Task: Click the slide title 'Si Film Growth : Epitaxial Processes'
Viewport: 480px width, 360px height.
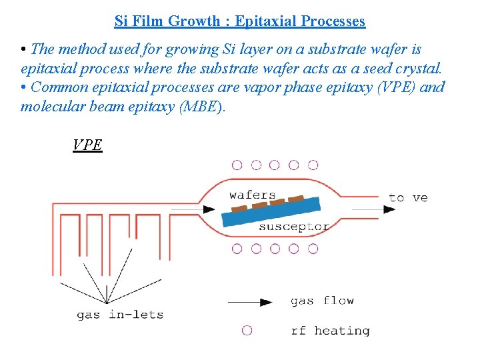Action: pos(240,21)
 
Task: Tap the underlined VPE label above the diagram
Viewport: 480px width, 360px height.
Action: pos(87,145)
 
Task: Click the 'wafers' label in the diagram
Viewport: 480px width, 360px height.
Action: pos(252,195)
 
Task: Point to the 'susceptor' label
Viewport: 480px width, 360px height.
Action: pos(293,227)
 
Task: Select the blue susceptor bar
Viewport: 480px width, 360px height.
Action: pos(270,212)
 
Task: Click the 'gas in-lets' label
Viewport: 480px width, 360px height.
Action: pos(120,315)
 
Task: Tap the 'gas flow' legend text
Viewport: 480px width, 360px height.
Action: pos(322,301)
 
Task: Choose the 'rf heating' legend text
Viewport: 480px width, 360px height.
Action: pos(330,331)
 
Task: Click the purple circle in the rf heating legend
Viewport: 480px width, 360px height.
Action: pos(247,330)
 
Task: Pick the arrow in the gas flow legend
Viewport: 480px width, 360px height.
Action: pos(250,302)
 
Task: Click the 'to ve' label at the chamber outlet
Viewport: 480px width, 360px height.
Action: pos(408,197)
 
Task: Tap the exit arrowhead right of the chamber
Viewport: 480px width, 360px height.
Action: pos(388,209)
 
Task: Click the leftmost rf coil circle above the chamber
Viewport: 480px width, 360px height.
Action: pos(237,165)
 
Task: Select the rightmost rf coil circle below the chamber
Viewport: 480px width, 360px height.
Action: pos(313,249)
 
